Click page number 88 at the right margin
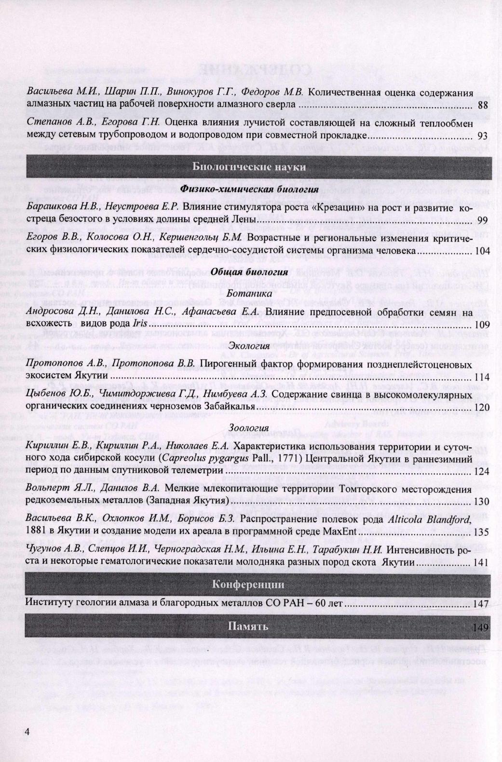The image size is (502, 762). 484,104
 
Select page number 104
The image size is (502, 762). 482,251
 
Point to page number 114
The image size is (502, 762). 482,377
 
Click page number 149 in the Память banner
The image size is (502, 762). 482,627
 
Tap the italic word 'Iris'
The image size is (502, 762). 139,325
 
